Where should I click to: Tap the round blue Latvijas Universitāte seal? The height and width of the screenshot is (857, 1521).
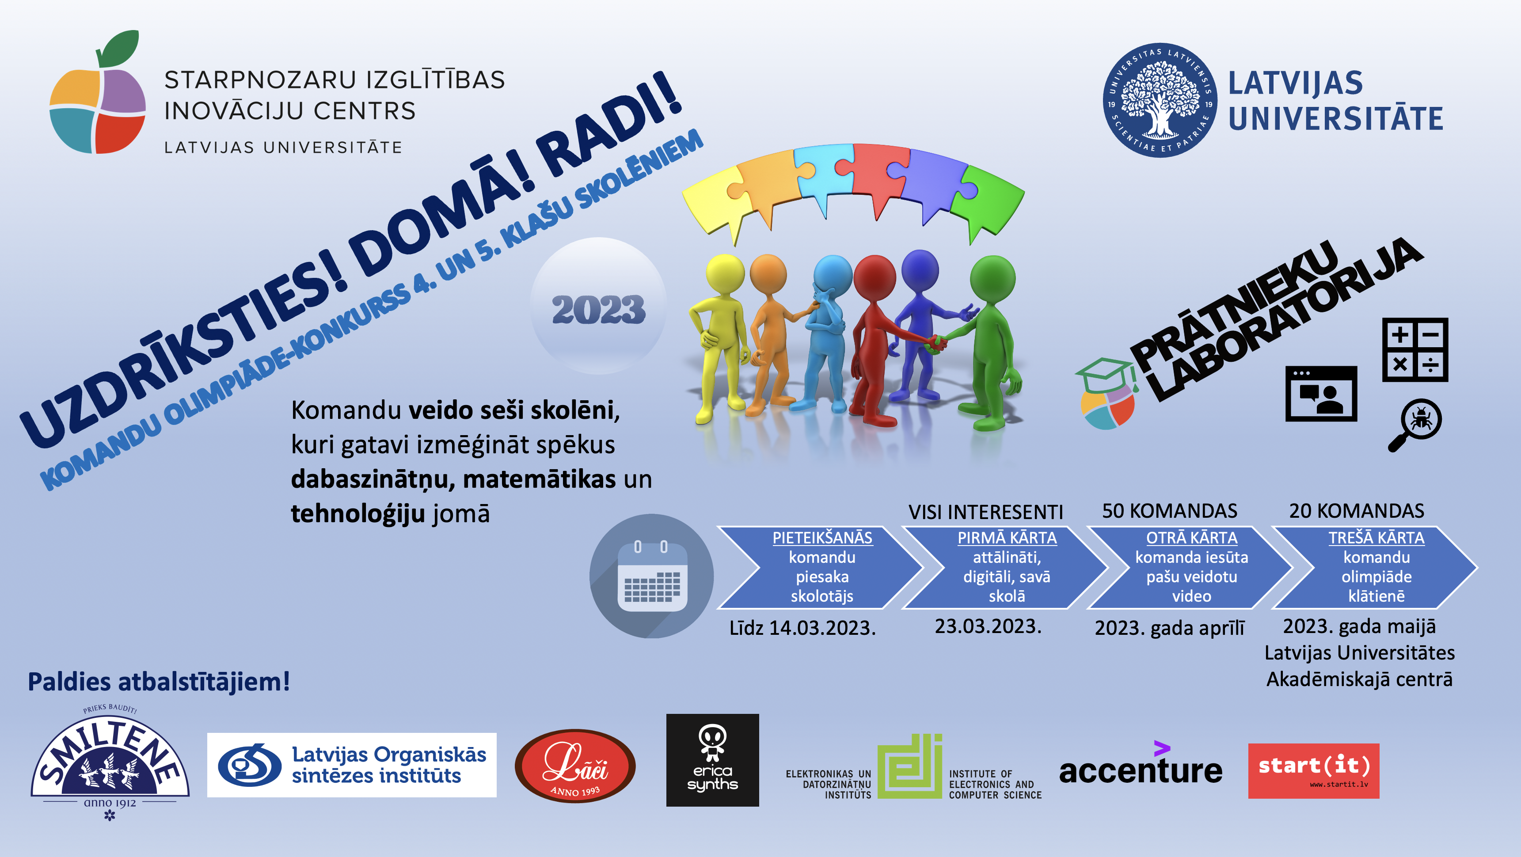(1160, 100)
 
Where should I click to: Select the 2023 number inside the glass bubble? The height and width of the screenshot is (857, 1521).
(598, 309)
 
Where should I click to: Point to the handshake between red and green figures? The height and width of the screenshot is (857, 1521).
(936, 342)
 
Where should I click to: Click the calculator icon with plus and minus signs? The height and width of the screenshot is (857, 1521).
(1415, 349)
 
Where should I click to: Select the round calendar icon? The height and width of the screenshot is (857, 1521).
(651, 576)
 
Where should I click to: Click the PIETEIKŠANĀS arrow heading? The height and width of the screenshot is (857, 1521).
(822, 538)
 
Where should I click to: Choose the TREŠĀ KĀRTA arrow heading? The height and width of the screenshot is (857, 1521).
(1377, 538)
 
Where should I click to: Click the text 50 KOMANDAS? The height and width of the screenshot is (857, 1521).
(1170, 511)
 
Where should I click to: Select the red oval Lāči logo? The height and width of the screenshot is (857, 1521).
(575, 766)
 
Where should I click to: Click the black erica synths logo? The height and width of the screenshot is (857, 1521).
(713, 760)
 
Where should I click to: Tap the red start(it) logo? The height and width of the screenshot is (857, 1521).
(1314, 771)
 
